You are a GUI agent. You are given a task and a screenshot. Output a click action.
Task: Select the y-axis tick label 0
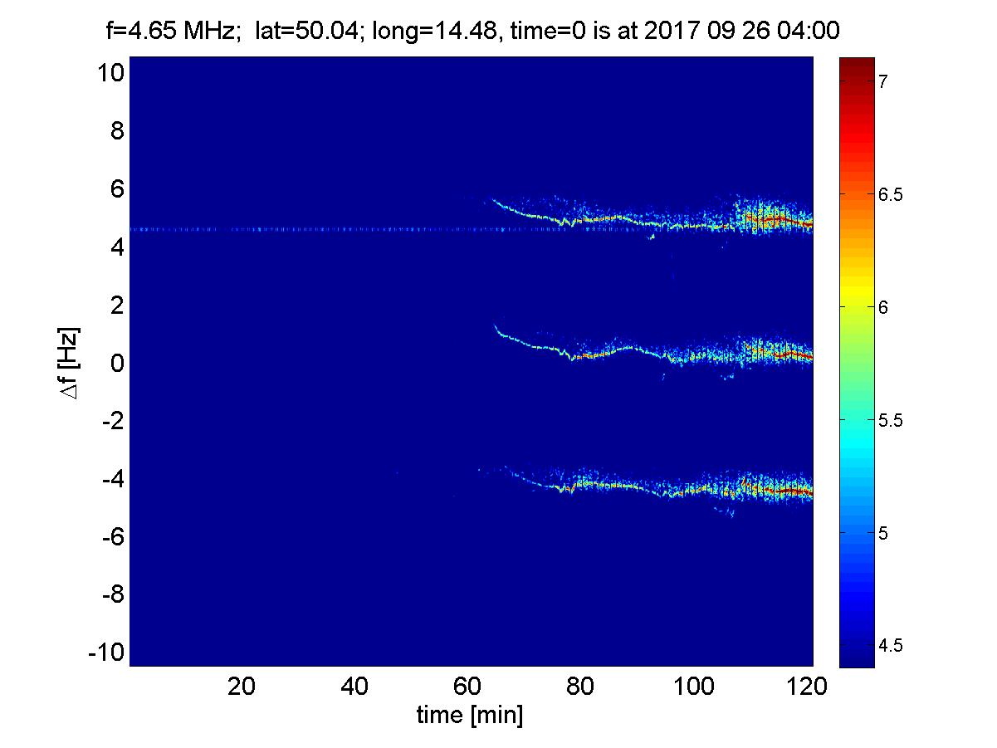pos(117,364)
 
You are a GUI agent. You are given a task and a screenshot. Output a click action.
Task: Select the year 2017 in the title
pos(684,32)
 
